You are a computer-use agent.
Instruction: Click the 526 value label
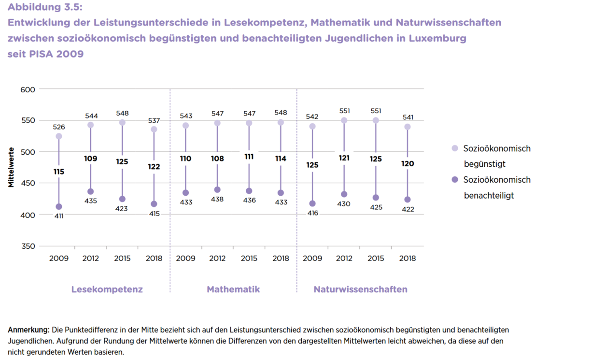point(59,127)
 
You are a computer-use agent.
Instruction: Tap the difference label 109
point(90,158)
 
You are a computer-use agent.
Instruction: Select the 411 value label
point(59,216)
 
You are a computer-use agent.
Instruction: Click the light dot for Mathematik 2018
point(281,123)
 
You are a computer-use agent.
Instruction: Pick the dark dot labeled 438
point(217,190)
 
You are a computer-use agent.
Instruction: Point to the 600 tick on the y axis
point(28,89)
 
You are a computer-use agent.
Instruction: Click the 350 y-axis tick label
point(28,246)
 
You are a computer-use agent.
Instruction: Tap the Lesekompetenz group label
point(107,289)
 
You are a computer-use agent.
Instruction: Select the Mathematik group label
point(233,289)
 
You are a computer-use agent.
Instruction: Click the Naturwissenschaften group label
point(360,289)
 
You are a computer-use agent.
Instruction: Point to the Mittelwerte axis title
point(11,167)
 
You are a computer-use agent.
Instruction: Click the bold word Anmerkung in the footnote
point(28,330)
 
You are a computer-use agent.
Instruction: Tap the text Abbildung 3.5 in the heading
point(45,7)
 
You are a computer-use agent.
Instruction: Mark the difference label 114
point(281,158)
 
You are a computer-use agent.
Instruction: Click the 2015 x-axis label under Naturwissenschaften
point(376,258)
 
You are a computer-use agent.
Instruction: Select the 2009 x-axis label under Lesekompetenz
point(59,258)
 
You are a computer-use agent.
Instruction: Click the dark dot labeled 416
point(312,204)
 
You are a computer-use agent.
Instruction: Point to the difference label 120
point(408,164)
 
